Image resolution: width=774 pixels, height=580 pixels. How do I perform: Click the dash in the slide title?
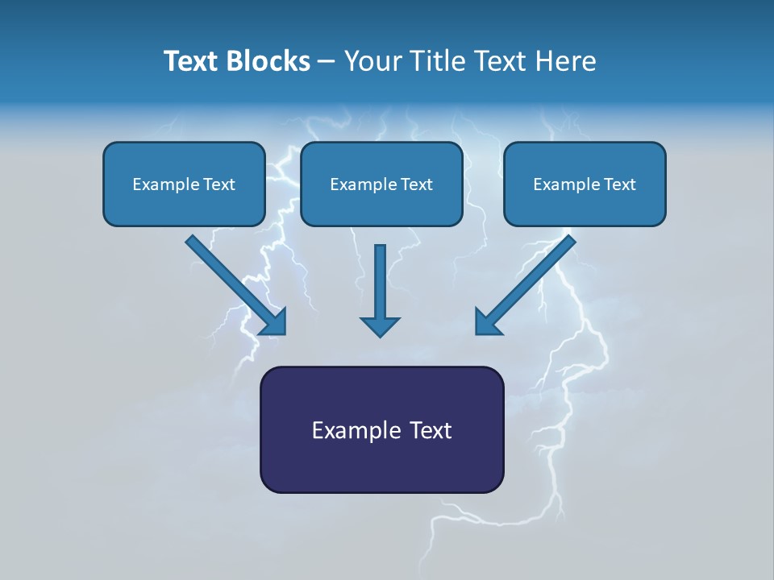(327, 62)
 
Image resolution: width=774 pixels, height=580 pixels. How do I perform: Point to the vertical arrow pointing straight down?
(381, 282)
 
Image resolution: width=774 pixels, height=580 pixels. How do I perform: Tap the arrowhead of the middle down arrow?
(381, 325)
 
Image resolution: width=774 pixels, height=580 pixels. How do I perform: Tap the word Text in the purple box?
(431, 430)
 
